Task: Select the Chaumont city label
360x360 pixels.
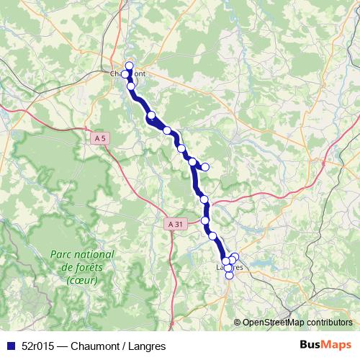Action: [130, 74]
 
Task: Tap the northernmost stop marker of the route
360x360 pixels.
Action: [130, 66]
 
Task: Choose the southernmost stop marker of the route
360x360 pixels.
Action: [229, 275]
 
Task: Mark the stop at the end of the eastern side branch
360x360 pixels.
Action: [205, 167]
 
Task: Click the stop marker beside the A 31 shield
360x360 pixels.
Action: [206, 220]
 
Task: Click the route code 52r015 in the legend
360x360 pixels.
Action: [42, 345]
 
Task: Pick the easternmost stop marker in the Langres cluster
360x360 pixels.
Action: [235, 257]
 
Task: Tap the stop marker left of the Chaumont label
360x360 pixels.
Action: [126, 74]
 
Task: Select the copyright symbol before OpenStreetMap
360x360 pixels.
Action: [238, 323]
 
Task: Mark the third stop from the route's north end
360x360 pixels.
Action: [131, 86]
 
